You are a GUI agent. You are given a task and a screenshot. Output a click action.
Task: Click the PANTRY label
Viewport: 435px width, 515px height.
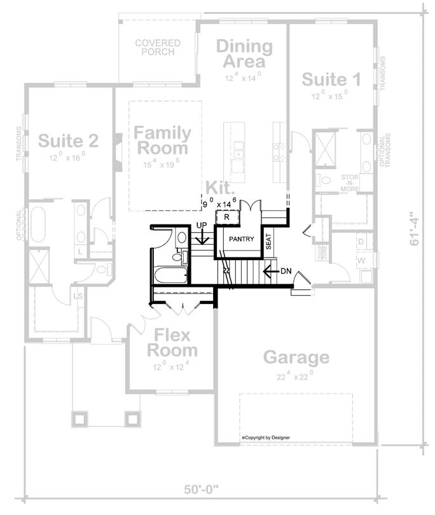point(238,240)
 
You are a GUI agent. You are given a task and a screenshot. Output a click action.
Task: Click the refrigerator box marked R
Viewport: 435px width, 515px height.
point(227,217)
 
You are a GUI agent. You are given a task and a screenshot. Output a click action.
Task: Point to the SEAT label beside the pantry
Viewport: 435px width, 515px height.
point(269,240)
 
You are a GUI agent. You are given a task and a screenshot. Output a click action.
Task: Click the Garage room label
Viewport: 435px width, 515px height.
point(296,357)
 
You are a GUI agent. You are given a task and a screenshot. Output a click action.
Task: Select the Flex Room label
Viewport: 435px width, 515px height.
point(172,343)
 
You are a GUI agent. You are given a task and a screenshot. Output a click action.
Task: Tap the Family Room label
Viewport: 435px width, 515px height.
point(162,141)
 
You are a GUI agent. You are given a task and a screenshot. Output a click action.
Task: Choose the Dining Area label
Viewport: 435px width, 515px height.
point(244,54)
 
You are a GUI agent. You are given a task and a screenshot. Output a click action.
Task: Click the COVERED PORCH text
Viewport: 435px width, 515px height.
point(158,48)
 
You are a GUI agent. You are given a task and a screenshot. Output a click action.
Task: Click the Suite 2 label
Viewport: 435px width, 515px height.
point(68,140)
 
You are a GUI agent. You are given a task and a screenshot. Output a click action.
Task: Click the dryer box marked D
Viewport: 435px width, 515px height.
point(361,242)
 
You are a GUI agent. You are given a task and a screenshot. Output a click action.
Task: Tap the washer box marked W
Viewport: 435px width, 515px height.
point(361,261)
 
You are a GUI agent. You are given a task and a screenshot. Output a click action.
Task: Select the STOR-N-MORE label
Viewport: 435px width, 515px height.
point(349,182)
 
